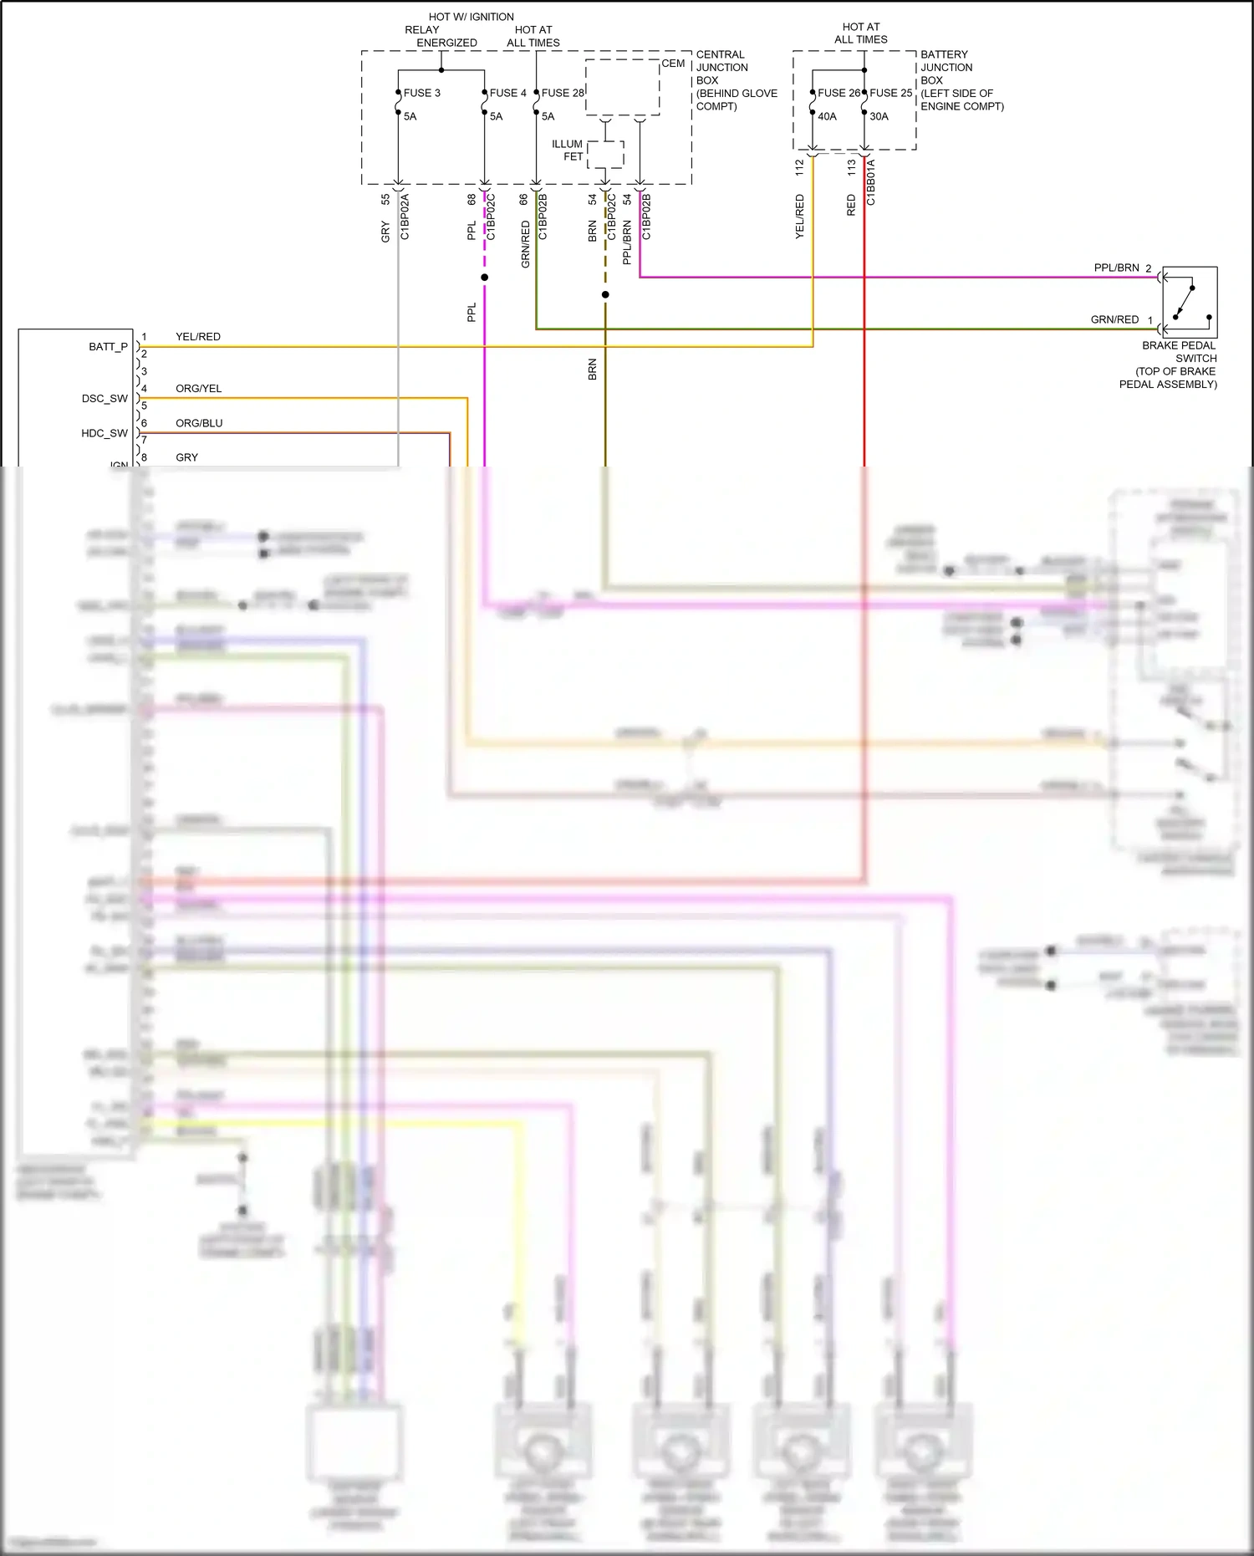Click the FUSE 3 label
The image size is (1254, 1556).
coord(421,93)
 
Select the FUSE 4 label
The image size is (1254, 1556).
coord(507,93)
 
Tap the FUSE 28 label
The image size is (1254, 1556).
coord(562,93)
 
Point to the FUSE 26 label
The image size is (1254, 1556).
coord(839,93)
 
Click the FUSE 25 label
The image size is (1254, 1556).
coord(890,93)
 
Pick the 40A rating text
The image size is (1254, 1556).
coord(827,116)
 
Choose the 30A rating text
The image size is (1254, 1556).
coord(879,116)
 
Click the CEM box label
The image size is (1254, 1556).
coord(673,64)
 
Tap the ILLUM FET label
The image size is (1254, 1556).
coord(568,150)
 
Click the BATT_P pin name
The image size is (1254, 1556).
coord(108,347)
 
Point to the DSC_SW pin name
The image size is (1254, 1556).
coord(104,399)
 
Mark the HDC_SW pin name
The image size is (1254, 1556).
coord(104,433)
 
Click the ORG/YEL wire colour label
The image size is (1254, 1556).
coord(198,389)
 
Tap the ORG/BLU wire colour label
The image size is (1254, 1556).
coord(199,423)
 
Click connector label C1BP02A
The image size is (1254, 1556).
coord(405,217)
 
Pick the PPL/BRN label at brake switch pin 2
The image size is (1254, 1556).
coord(1116,268)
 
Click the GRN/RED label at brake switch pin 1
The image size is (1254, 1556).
coord(1114,319)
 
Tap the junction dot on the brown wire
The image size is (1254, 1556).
coord(605,294)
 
